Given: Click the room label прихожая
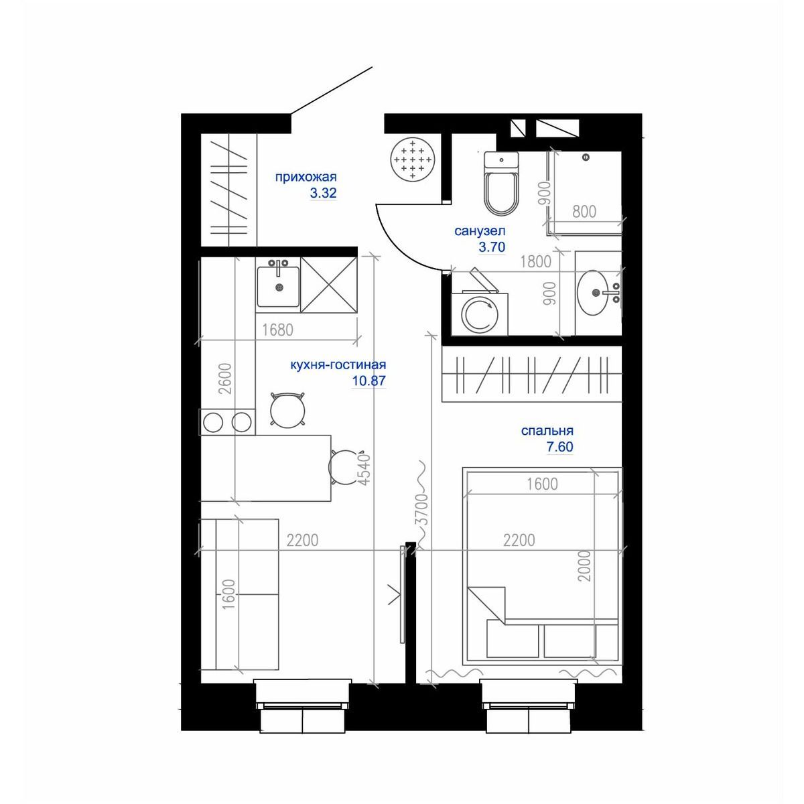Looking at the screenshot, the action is click(x=306, y=177).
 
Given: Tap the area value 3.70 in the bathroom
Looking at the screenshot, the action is click(x=492, y=247).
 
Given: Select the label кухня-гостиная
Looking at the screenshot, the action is click(x=338, y=364).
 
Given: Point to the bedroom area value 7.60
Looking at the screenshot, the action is click(x=559, y=447).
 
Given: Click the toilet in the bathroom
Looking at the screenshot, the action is click(x=501, y=183).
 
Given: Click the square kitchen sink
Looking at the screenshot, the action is click(x=278, y=287).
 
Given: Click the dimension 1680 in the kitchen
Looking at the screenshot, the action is click(x=278, y=330).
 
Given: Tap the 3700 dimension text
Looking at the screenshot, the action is click(x=423, y=511).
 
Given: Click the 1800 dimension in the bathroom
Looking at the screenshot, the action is click(x=536, y=261).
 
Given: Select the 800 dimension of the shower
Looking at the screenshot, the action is click(x=584, y=212).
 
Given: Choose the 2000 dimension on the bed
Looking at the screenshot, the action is click(x=586, y=565).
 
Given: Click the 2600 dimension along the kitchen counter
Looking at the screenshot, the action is click(x=226, y=379).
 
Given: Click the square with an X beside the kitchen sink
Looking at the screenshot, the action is click(x=329, y=285).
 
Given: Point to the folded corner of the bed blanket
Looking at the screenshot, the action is click(x=487, y=604).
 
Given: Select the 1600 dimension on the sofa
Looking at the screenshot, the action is click(x=229, y=594).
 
